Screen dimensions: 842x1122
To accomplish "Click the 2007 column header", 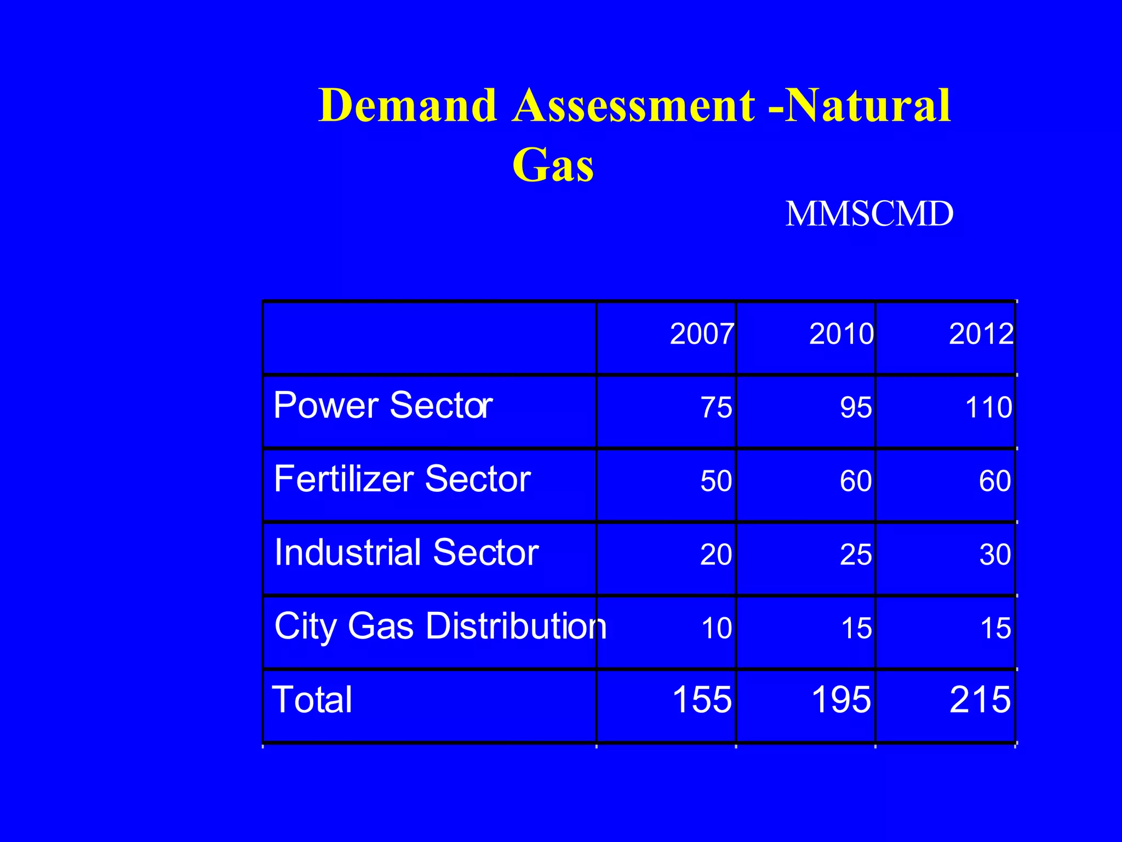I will coord(701,334).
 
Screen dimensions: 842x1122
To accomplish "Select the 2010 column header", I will coord(841,334).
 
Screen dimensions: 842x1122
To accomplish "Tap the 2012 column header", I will coord(981,334).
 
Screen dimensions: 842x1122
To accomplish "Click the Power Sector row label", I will coord(383,406).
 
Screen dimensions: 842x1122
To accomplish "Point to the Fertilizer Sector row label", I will coord(402,479).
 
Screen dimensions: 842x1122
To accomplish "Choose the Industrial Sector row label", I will coord(406,553).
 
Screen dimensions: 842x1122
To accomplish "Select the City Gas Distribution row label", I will coord(440,626).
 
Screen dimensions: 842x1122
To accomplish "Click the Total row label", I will coord(312,700).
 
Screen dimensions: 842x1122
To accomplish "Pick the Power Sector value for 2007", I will coord(716,408).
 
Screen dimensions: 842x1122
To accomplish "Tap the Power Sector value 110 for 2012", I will coord(988,408).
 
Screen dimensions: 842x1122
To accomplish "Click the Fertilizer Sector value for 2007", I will coord(716,481).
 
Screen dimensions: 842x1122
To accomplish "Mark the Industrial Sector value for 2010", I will coord(856,555).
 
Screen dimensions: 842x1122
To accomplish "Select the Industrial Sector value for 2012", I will coord(995,555).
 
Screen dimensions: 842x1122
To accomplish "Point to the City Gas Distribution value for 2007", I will coord(716,628).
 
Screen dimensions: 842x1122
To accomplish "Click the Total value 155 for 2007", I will coord(702,700).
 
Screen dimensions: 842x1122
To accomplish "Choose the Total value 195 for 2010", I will coord(841,700).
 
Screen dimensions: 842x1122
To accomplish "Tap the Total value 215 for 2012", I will coord(980,700).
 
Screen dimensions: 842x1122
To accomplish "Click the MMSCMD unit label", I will coord(869,214).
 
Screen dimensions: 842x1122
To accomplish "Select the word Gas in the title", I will coord(553,164).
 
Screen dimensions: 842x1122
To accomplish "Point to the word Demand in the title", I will coord(408,105).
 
